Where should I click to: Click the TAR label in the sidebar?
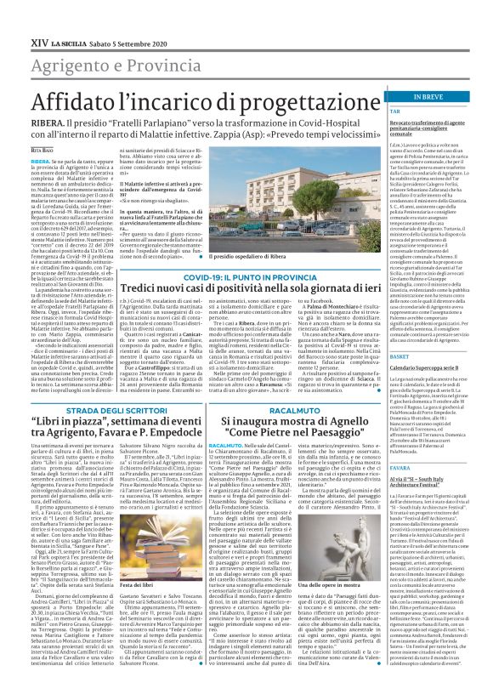[371, 111]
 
